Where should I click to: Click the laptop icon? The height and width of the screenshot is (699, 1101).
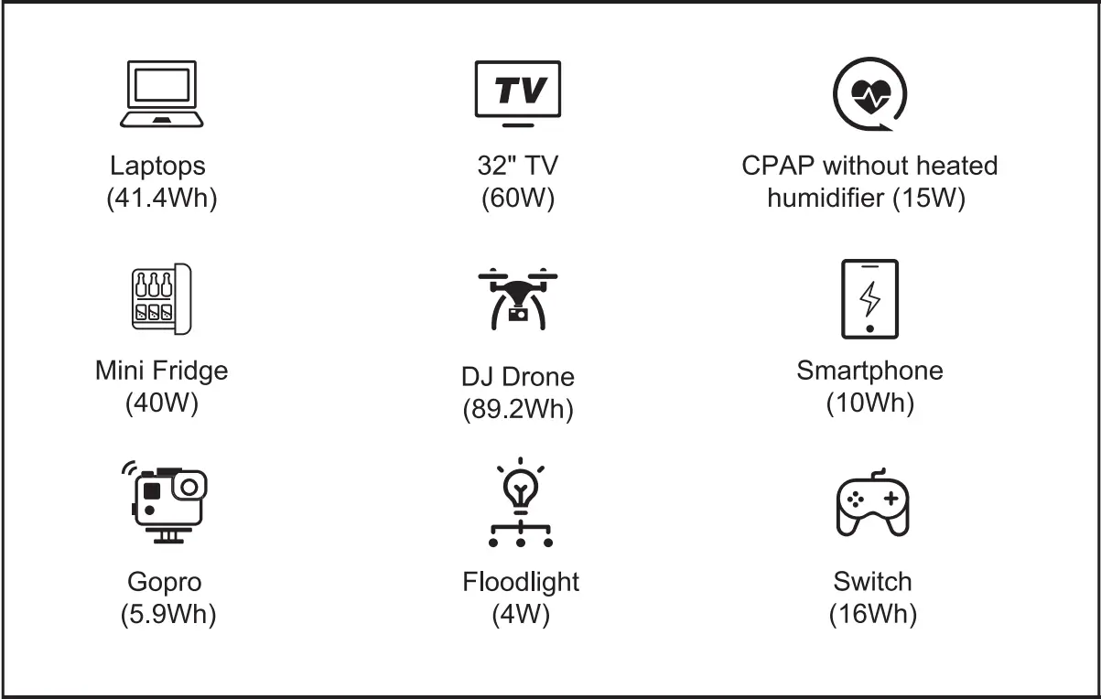162,93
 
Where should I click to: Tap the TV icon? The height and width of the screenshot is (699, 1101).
518,92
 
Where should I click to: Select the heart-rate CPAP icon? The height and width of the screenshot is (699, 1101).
870,92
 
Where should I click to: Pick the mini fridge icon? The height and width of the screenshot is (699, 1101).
161,299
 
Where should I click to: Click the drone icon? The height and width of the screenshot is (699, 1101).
518,298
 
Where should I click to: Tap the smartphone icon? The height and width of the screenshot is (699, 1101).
869,299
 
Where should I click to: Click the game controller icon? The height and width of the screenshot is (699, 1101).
872,504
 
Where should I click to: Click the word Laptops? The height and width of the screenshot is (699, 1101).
158,166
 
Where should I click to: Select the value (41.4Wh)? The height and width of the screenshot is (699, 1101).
162,198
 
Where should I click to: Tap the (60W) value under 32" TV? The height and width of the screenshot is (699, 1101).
518,198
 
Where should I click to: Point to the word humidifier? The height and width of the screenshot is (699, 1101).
826,198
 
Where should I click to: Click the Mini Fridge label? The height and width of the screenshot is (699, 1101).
162,371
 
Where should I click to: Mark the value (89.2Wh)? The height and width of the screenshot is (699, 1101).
518,409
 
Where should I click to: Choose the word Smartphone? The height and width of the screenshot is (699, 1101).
869,371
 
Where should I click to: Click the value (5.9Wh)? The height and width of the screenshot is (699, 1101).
168,614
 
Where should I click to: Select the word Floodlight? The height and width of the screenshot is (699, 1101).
521,582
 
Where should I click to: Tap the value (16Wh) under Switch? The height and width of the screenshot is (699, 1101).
872,614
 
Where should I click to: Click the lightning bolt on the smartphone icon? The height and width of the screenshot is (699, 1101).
870,298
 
